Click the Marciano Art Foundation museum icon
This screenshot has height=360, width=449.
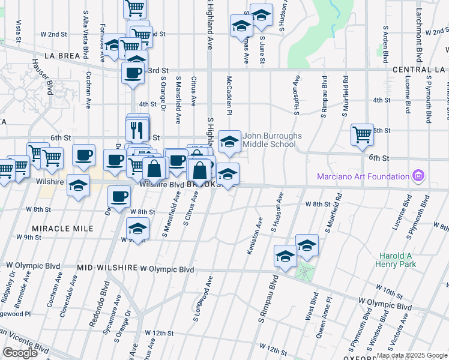tap(419, 176)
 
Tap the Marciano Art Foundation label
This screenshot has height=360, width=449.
tap(362, 176)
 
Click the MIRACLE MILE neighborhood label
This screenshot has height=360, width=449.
tap(63, 229)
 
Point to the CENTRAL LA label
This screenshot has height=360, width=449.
tap(421, 70)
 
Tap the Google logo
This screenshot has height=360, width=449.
tap(19, 353)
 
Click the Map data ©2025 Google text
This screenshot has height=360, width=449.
tap(412, 355)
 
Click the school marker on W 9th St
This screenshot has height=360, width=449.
tap(137, 229)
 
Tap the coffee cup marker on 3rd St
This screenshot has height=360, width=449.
tap(133, 72)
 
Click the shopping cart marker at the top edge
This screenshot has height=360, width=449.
tap(135, 7)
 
